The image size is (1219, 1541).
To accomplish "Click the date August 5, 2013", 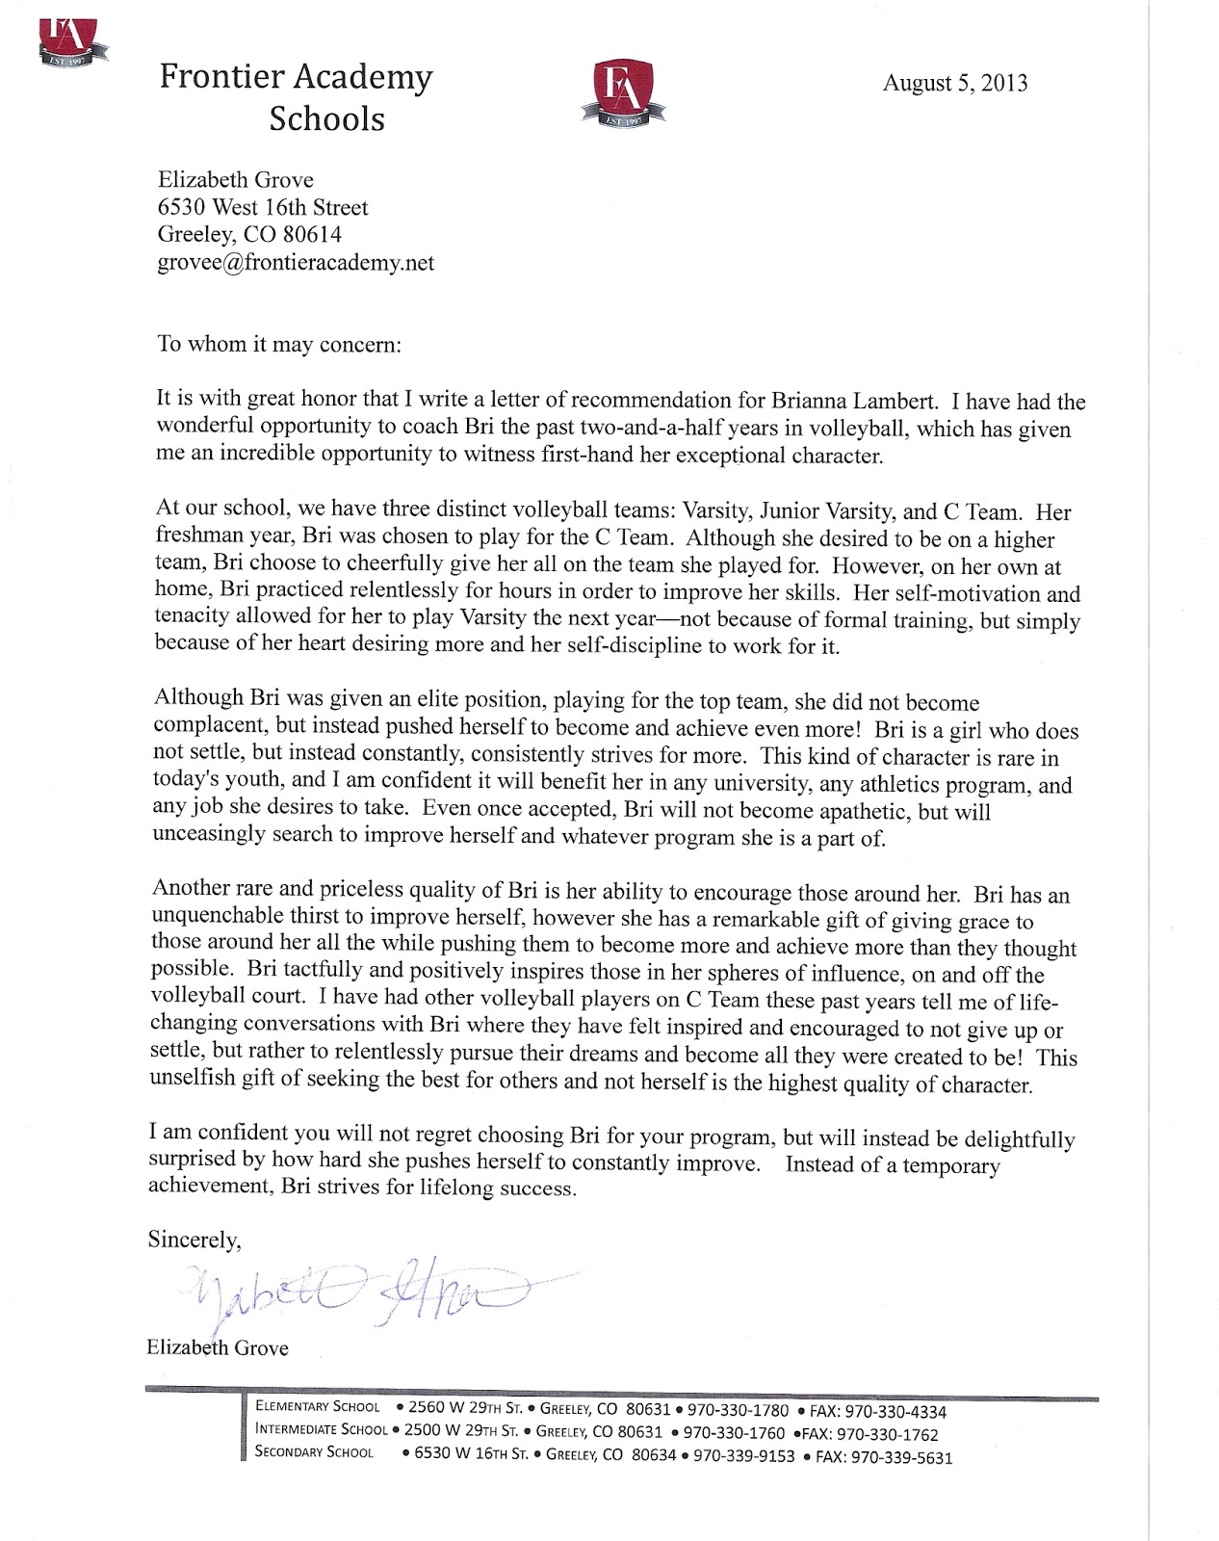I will [x=954, y=83].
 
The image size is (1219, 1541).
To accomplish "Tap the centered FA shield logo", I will [x=616, y=92].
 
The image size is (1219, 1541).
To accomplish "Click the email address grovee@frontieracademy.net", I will [x=296, y=262].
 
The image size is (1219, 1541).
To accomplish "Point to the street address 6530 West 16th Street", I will [x=262, y=207].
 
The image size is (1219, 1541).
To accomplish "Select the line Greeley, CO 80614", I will [x=248, y=234].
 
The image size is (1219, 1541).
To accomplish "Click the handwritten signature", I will [x=356, y=1291].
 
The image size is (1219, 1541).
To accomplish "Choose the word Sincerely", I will [x=194, y=1240].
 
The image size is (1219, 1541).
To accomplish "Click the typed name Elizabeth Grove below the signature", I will [x=218, y=1347].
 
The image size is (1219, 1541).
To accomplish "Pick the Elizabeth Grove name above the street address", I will [x=235, y=180].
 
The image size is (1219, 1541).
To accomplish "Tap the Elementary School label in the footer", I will [x=318, y=1407].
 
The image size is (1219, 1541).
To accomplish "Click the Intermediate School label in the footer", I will [x=321, y=1430].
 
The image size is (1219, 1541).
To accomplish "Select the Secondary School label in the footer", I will [x=314, y=1452].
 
